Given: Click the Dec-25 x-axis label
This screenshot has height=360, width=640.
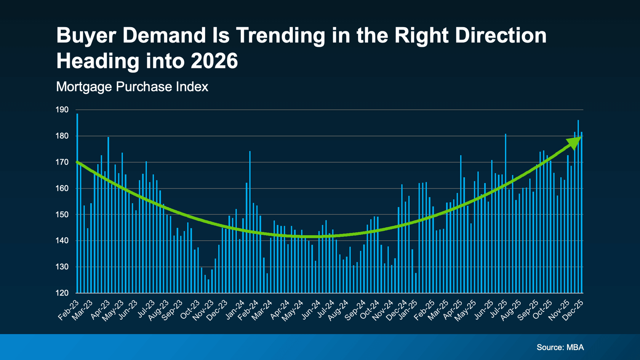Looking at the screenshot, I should point(573,310).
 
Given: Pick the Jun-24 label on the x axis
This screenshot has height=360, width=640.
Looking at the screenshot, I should point(311,310).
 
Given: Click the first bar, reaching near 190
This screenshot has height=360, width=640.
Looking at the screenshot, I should point(77,200).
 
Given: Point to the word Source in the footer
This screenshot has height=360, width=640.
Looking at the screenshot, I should point(550,347).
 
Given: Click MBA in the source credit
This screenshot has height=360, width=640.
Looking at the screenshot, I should point(575,347).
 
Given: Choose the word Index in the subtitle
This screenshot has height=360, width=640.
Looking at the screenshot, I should point(194,87).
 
